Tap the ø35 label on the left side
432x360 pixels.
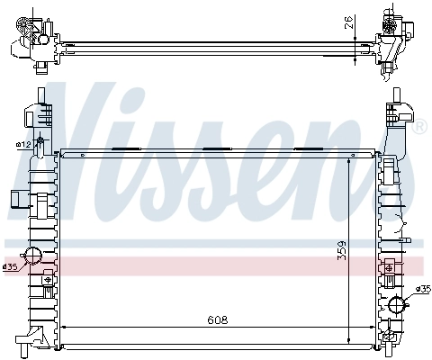pyautogui.click(x=10, y=266)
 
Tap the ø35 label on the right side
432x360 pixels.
pyautogui.click(x=423, y=289)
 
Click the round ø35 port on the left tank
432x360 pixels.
pyautogui.click(x=32, y=256)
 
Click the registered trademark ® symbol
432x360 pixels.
pyautogui.click(x=419, y=126)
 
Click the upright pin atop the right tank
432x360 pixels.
pyautogui.click(x=393, y=96)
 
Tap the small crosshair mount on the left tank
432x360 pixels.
pyautogui.click(x=18, y=200)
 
